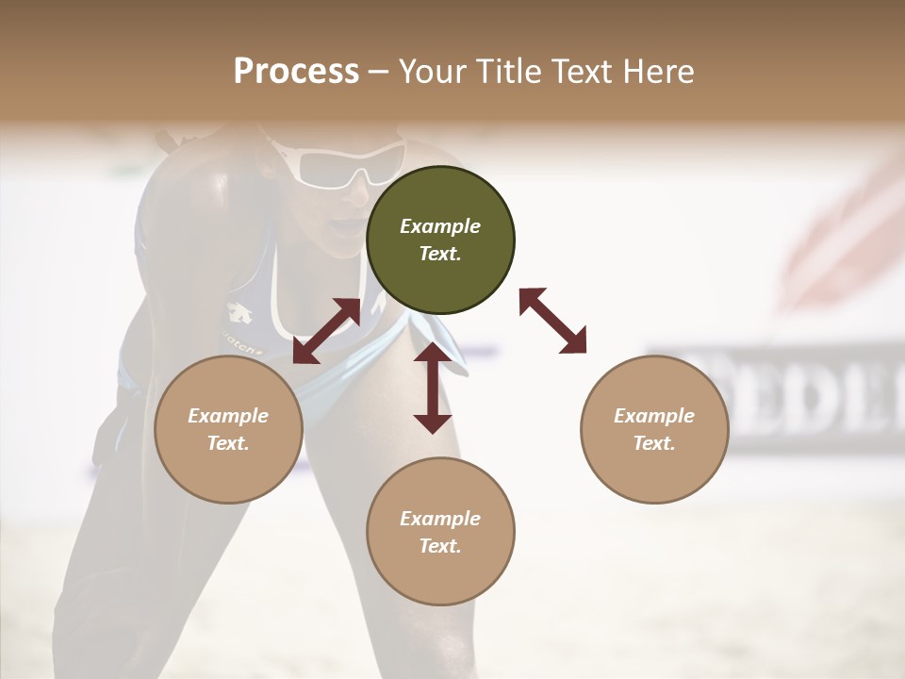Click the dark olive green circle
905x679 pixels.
440,240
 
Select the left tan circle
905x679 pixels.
228,429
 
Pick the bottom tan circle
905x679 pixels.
440,532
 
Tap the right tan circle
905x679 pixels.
654,429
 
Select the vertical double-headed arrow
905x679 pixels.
433,388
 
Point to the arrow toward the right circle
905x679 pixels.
552,321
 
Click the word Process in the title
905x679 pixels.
296,71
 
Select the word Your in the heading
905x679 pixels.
430,71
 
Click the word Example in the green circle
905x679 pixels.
440,226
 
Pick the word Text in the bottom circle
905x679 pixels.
440,546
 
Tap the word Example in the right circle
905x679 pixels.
654,416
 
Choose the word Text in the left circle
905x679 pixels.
228,443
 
